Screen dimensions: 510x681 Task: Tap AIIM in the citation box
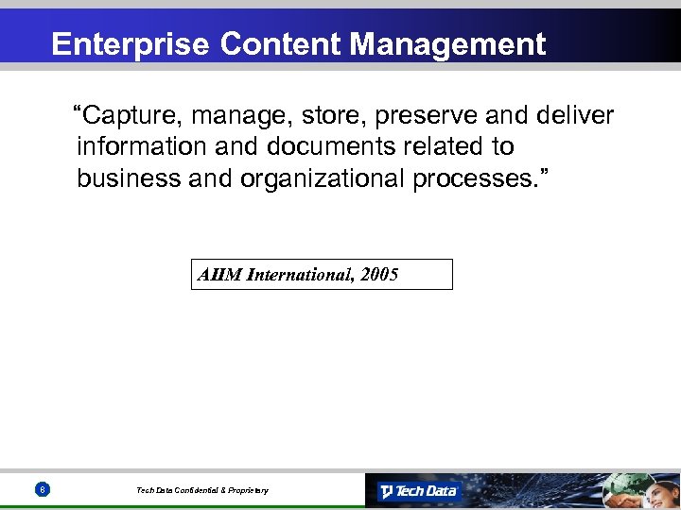pos(219,275)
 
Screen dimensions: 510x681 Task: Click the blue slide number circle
pos(43,489)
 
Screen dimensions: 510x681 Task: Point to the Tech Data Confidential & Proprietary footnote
pos(202,490)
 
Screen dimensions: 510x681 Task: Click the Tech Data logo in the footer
pos(418,491)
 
